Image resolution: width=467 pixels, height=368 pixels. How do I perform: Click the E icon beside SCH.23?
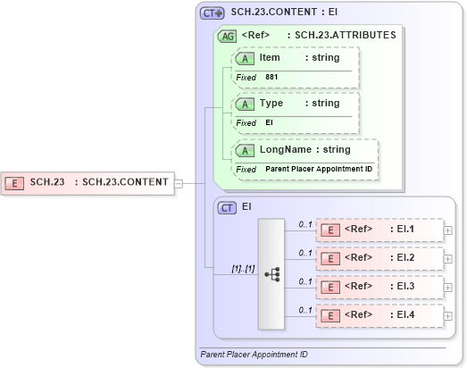pyautogui.click(x=15, y=183)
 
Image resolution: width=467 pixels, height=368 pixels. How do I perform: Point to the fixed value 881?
pyautogui.click(x=271, y=78)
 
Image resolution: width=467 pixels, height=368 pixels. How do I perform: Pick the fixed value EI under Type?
pyautogui.click(x=269, y=122)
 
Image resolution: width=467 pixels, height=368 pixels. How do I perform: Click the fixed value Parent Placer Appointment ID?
pyautogui.click(x=319, y=169)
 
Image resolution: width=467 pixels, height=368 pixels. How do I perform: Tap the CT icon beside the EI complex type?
pyautogui.click(x=227, y=207)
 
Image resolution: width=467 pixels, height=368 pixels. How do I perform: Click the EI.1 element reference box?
pyautogui.click(x=379, y=230)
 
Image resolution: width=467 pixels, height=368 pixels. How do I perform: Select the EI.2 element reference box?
pyautogui.click(x=379, y=258)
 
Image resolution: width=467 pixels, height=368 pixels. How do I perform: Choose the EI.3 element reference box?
pyautogui.click(x=379, y=287)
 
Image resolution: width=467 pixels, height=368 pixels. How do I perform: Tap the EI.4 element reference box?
pyautogui.click(x=379, y=315)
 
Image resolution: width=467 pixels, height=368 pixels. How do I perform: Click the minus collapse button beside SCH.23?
pyautogui.click(x=179, y=183)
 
